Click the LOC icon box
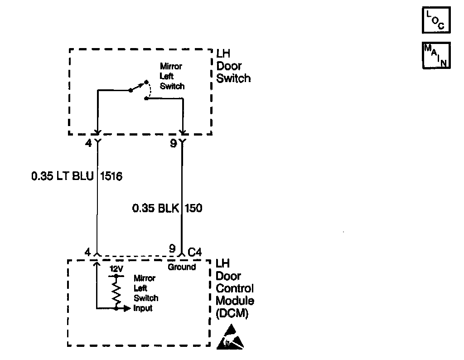coord(436,20)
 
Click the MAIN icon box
coord(436,55)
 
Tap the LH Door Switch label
coord(233,66)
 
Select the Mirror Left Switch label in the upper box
coord(172,76)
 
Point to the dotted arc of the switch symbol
coord(149,91)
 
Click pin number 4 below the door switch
coord(88,143)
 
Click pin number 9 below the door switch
coord(173,143)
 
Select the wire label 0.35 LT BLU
coord(62,176)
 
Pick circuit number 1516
coord(111,176)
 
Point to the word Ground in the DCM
coord(182,267)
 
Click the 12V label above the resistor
coord(116,268)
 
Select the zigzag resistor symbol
coord(116,292)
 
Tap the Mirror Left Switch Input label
coord(146,293)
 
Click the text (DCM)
coord(232,313)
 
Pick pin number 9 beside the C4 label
coord(172,249)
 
